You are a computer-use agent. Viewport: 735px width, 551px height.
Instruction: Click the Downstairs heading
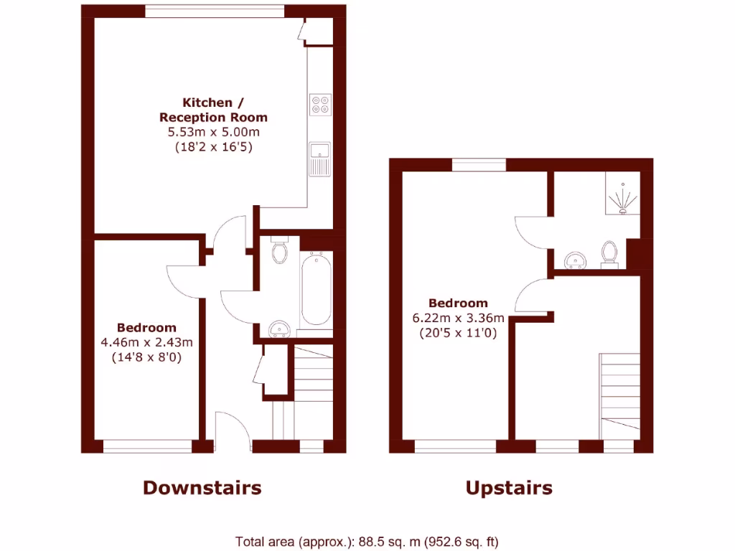(x=202, y=488)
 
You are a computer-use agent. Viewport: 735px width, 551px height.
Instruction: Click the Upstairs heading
(x=509, y=488)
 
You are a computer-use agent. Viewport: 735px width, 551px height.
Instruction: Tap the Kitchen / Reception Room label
(x=213, y=110)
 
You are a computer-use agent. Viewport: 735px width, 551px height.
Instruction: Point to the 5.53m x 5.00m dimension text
(x=213, y=132)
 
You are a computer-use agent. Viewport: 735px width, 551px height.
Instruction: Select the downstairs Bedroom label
(x=147, y=327)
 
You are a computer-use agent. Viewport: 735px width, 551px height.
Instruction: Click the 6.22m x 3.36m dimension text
(x=457, y=318)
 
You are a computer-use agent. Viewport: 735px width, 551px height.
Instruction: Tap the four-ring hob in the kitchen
(x=320, y=105)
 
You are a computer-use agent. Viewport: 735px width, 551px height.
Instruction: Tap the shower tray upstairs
(x=622, y=193)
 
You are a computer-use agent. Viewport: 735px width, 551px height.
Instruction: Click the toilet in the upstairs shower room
(x=610, y=253)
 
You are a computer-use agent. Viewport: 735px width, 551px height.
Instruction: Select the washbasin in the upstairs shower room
(x=575, y=259)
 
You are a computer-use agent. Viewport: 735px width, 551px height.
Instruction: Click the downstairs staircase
(x=313, y=373)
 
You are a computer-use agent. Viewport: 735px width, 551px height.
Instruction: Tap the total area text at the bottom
(x=367, y=542)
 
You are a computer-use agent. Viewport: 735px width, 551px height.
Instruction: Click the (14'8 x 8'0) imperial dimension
(x=147, y=356)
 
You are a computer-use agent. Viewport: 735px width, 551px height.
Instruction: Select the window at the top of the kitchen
(x=214, y=11)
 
